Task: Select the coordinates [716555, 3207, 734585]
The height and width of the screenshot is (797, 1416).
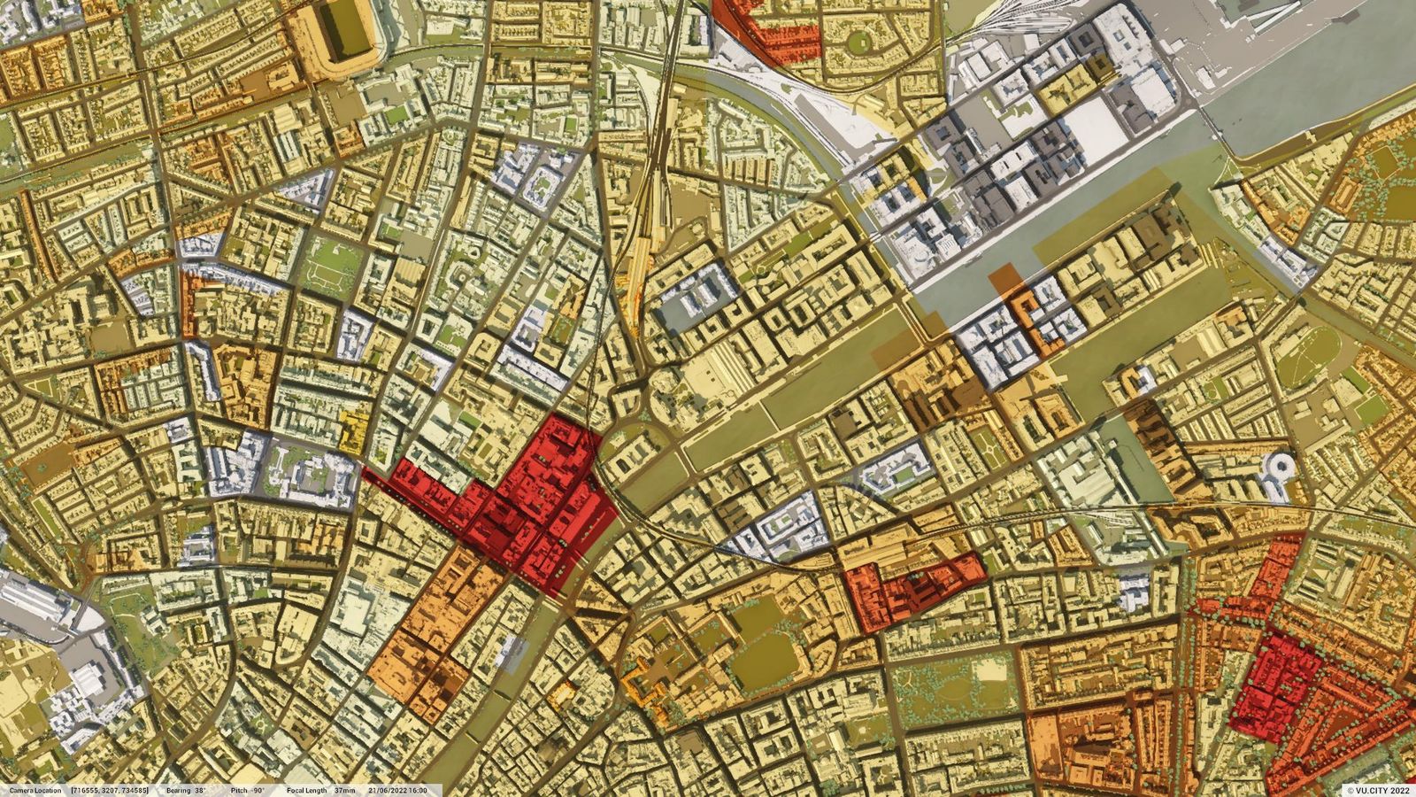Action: [x=111, y=790]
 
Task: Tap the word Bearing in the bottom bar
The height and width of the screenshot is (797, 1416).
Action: [x=180, y=790]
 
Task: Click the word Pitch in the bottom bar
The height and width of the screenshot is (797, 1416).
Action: [x=239, y=790]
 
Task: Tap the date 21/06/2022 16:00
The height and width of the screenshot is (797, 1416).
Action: [x=398, y=790]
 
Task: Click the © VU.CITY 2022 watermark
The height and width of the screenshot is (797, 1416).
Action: [x=1377, y=790]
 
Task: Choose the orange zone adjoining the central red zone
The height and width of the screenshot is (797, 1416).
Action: [x=434, y=629]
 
